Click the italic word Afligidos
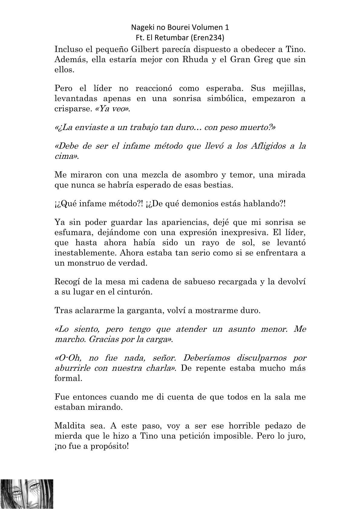click(x=268, y=146)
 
